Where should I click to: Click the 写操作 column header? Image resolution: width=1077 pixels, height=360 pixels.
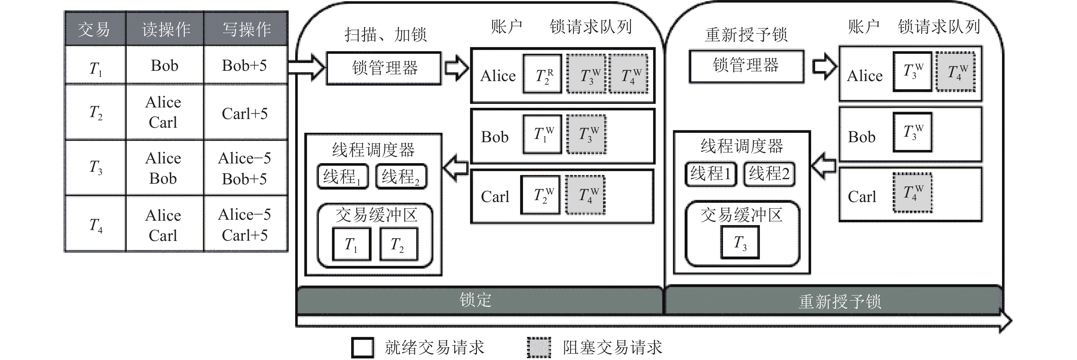[246, 29]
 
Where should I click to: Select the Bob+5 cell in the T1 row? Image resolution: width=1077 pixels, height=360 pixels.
[245, 66]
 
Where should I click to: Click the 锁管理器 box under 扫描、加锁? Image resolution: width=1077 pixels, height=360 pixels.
[384, 68]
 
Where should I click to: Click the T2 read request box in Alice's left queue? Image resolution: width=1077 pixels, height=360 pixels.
[543, 74]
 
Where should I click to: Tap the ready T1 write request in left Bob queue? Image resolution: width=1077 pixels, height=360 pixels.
[542, 134]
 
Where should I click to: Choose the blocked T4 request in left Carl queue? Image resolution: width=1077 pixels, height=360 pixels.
[586, 195]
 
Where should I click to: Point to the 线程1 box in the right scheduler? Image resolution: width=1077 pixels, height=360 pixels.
[710, 173]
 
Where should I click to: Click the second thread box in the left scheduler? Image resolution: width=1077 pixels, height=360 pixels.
[400, 176]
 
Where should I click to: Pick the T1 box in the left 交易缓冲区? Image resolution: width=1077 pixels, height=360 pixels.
[351, 244]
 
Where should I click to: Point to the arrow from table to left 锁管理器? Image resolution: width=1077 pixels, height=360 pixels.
[306, 67]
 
